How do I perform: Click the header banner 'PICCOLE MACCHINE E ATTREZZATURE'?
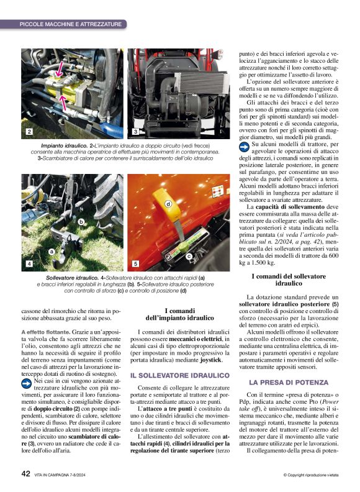coord(70,24)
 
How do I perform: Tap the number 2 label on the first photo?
coord(29,132)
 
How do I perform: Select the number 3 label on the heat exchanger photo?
coord(135,132)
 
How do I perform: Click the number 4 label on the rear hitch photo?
coord(29,264)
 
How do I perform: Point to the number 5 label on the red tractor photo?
coord(135,264)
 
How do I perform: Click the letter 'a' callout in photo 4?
coord(52,250)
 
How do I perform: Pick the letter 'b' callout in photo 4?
coord(81,221)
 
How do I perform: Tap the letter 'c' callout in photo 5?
coord(188,255)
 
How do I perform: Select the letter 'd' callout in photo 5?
coord(168,204)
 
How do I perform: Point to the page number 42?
coord(26,474)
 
